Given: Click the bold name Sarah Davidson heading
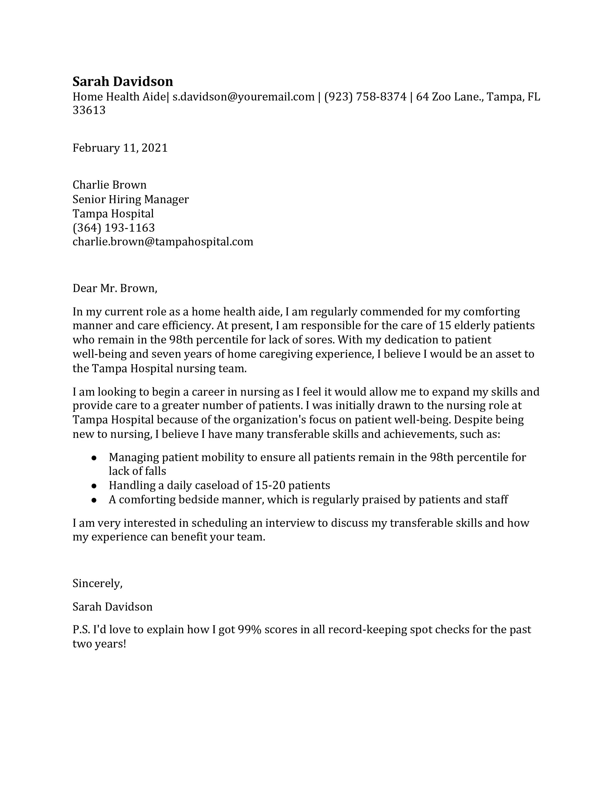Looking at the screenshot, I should [x=123, y=81].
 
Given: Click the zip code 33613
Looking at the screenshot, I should [x=89, y=110].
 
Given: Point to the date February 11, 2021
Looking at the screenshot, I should [x=120, y=148].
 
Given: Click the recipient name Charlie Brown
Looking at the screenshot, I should [x=109, y=185].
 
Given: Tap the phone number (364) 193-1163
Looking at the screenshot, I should [x=114, y=228].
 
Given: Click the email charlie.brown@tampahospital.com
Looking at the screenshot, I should [x=163, y=242].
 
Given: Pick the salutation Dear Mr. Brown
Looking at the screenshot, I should [x=115, y=288].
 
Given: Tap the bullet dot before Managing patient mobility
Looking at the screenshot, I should [x=94, y=458].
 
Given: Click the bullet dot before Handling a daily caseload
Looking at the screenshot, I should [x=94, y=486].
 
